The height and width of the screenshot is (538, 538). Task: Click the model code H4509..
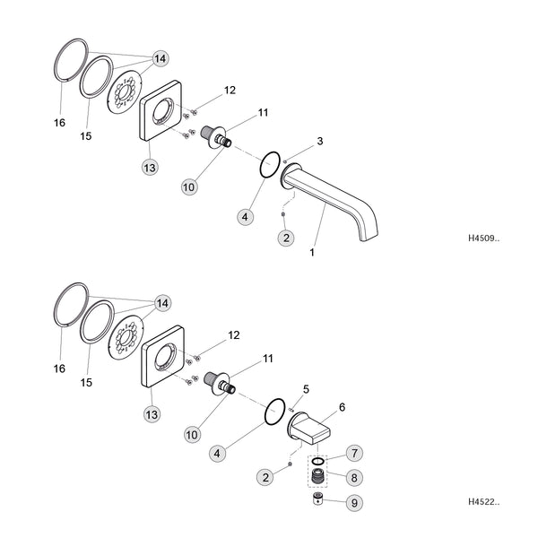[483, 239]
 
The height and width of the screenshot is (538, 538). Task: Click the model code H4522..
[484, 501]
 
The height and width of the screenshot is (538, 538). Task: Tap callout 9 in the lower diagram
[354, 503]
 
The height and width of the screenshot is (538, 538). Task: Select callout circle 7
[354, 453]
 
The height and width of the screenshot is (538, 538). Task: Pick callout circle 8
[354, 477]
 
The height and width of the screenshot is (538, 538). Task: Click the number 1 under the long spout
[312, 253]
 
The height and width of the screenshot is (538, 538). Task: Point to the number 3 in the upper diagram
[320, 141]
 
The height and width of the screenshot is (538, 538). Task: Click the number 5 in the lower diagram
[306, 389]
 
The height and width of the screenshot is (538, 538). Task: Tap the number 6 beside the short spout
[343, 407]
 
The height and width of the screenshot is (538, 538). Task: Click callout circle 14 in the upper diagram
[161, 58]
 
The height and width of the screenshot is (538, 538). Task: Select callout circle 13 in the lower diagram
[152, 414]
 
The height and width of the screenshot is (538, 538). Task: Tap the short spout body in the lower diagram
[308, 427]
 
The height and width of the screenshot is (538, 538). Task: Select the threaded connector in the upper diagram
[216, 137]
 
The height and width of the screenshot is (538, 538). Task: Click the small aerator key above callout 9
[318, 499]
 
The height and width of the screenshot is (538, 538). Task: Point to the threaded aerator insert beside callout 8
[318, 476]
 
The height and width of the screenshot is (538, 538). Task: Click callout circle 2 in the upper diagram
[286, 238]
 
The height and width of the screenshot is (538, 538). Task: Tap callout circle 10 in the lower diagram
[192, 435]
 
